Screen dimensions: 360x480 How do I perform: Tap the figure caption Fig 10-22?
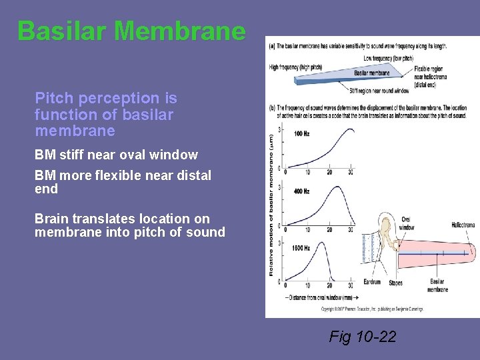point(362,337)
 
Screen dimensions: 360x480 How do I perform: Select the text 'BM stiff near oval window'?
point(116,155)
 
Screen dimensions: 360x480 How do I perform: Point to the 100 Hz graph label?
point(301,133)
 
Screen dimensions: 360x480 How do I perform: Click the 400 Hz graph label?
point(301,191)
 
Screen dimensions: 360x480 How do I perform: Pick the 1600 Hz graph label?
point(302,248)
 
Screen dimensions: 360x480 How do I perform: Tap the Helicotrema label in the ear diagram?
point(463,225)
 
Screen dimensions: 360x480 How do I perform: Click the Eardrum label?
point(372,282)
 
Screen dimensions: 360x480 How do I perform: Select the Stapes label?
point(395,283)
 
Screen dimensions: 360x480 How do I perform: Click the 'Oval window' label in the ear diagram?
point(406,223)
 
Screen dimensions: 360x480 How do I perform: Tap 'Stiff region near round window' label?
point(379,89)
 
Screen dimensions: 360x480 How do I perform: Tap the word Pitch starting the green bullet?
point(55,99)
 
